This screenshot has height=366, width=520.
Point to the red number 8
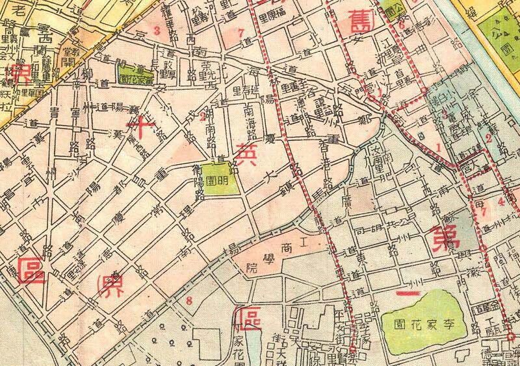tap(189, 299)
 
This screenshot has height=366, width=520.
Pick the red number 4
tap(500, 201)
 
